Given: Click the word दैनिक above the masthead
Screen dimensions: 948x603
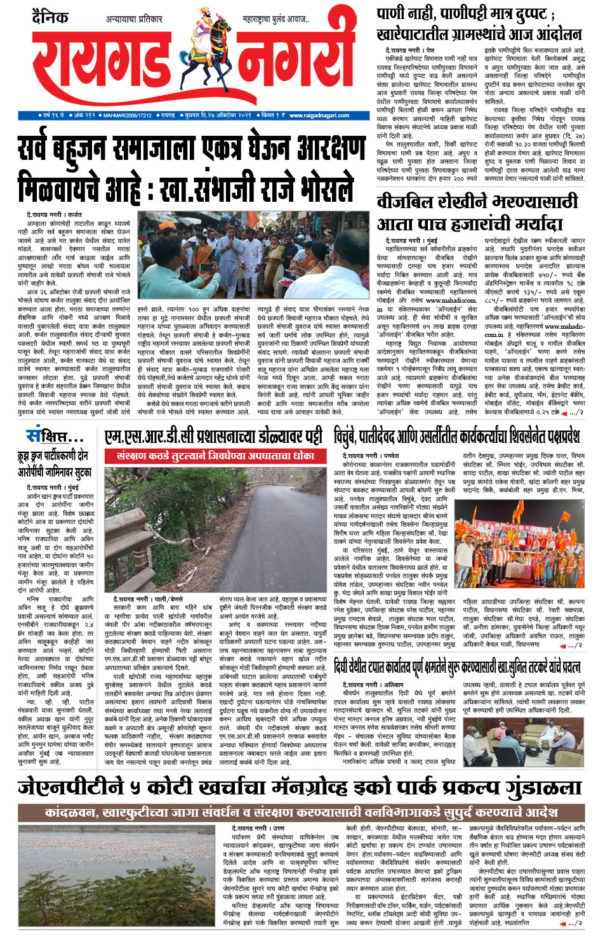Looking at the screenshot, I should coord(50,17).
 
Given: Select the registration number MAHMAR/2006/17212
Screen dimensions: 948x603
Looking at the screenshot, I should coord(127,115).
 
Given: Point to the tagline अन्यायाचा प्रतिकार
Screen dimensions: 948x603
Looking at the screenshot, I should coord(134,20).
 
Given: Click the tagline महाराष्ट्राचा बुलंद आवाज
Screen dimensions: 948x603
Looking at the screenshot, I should coord(276,20).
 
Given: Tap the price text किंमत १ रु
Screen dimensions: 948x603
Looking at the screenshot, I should coord(274,115).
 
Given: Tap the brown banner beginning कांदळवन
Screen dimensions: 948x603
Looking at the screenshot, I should coord(301,812).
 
